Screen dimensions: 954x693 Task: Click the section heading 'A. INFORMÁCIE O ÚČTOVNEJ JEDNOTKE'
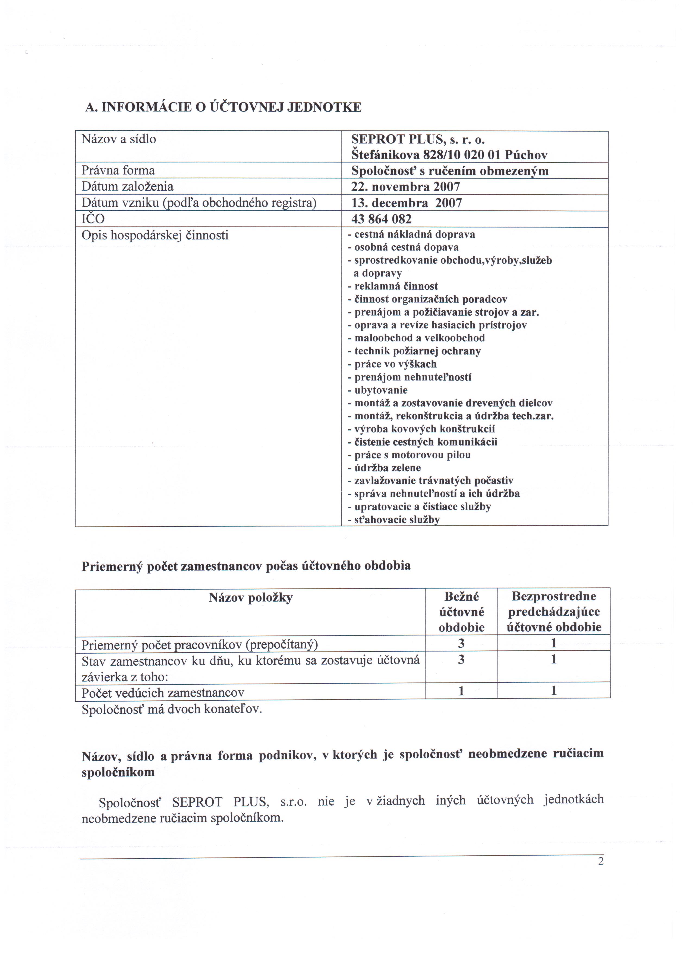[223, 107]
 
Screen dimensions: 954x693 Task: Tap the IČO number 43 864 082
[381, 219]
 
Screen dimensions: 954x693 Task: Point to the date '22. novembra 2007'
[405, 187]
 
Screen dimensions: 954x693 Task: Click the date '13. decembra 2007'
[407, 203]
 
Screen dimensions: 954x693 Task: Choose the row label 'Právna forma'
[118, 170]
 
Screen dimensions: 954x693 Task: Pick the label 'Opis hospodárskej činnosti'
[155, 235]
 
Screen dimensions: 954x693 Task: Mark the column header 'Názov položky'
[250, 598]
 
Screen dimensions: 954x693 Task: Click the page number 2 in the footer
[601, 861]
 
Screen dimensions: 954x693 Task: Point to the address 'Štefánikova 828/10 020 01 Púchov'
[449, 155]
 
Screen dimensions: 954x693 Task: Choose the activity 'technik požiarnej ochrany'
[417, 351]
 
